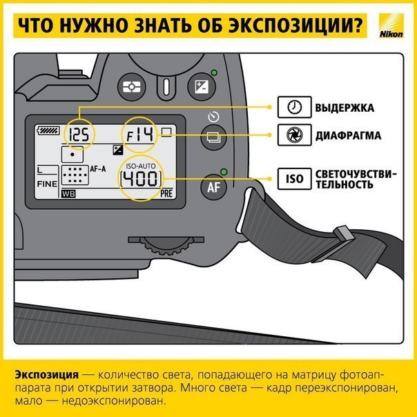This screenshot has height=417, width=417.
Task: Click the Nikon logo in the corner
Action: point(396,26)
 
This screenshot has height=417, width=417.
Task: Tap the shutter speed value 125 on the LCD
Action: point(80,135)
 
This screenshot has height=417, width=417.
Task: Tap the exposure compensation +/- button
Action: point(204,87)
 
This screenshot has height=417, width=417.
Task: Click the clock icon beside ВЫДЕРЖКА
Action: point(293,108)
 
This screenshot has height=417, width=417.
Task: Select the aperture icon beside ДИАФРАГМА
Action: point(293,135)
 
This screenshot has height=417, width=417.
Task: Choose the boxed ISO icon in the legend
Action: point(293,179)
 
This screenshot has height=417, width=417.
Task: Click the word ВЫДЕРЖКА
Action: point(345,108)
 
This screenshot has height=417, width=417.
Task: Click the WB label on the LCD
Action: point(68,195)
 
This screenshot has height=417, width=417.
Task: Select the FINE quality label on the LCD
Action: point(47,184)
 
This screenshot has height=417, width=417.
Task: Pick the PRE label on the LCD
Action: point(166,195)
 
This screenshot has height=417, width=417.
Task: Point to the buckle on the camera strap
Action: point(343,235)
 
